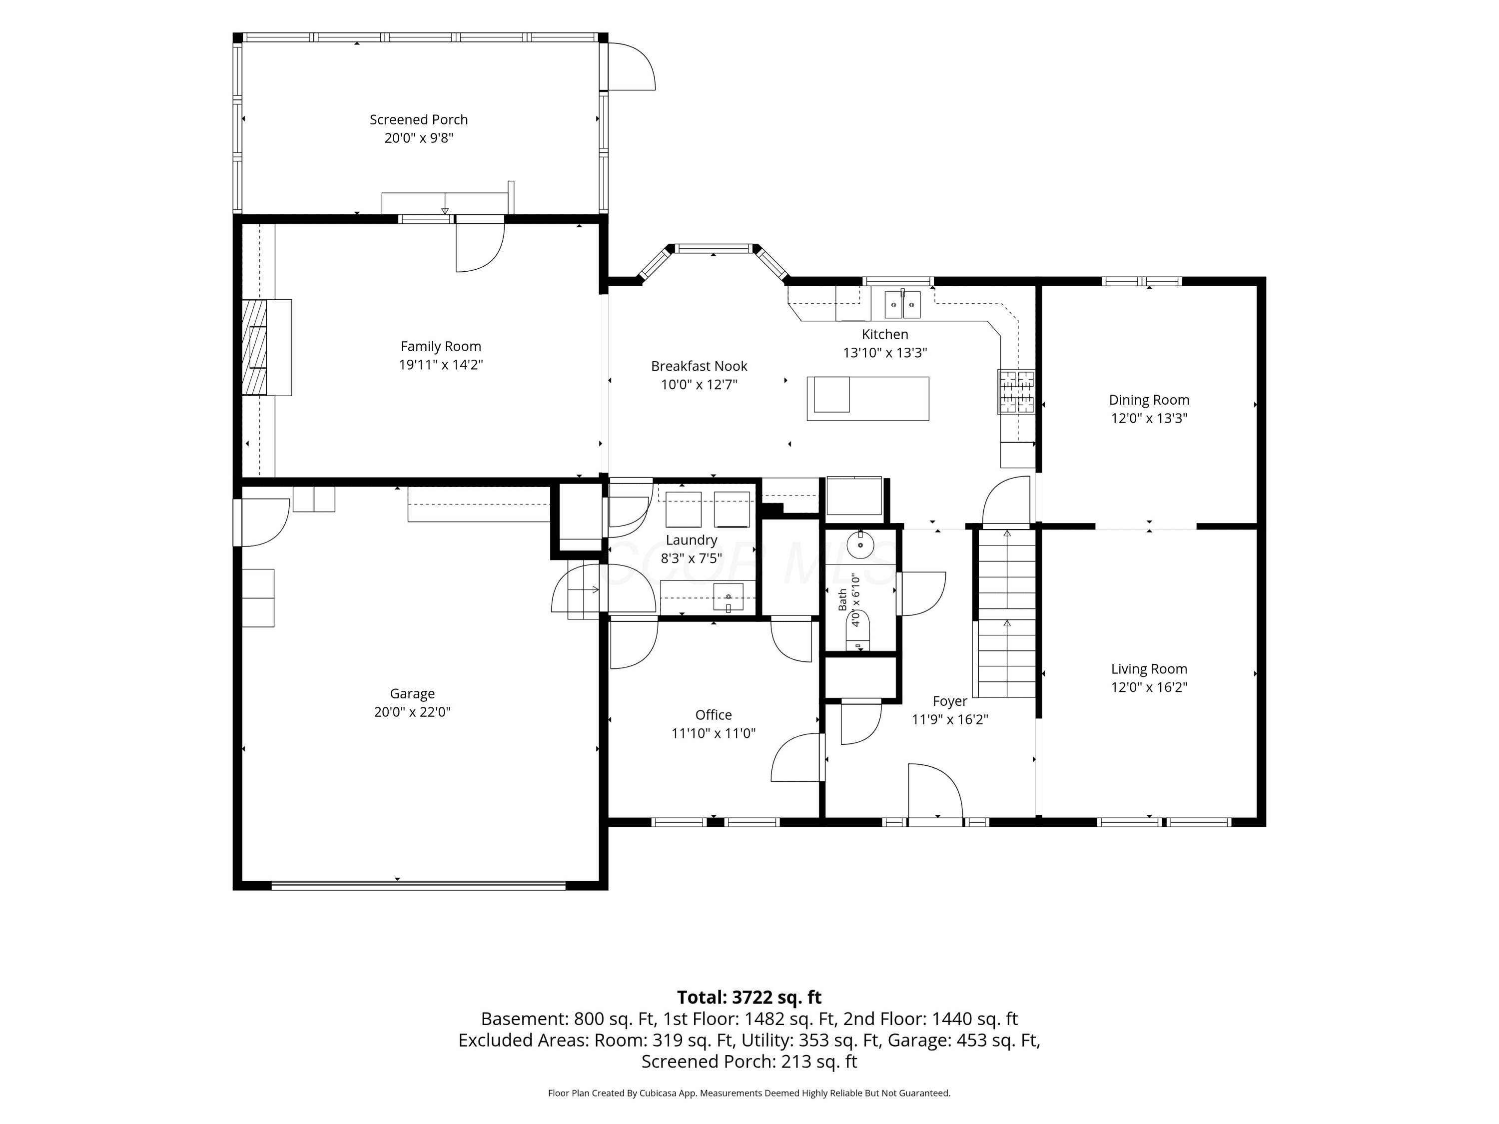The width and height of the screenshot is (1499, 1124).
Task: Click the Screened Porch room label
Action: click(418, 120)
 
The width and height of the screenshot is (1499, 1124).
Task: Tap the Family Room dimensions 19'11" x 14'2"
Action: click(441, 365)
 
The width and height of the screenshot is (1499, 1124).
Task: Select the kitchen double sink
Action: click(903, 305)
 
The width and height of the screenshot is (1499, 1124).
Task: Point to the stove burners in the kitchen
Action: click(1016, 392)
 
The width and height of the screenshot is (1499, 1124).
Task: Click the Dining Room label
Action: click(1149, 400)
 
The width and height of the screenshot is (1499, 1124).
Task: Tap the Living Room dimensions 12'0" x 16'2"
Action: click(1149, 687)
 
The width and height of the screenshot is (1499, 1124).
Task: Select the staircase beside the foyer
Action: click(1006, 613)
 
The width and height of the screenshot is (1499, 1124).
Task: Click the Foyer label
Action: click(949, 701)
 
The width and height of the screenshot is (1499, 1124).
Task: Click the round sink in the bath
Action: click(860, 545)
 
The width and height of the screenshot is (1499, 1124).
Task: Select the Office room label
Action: click(713, 715)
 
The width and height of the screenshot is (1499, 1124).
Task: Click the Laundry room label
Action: click(691, 540)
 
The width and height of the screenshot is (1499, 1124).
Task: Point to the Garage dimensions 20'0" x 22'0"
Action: click(412, 712)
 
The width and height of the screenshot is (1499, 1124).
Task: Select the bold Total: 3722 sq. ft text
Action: click(749, 997)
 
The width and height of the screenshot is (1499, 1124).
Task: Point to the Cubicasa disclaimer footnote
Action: click(749, 1093)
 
